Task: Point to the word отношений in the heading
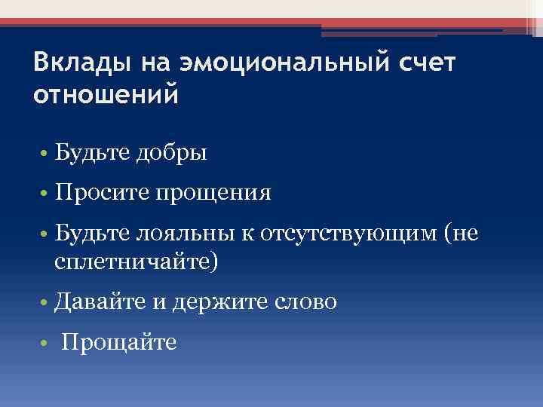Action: tap(106, 96)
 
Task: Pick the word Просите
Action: tap(102, 194)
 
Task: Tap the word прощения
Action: tap(213, 194)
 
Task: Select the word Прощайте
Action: tap(119, 343)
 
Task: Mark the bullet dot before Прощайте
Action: tap(45, 344)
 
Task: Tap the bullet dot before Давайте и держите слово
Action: tap(45, 304)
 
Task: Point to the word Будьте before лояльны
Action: tap(91, 234)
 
